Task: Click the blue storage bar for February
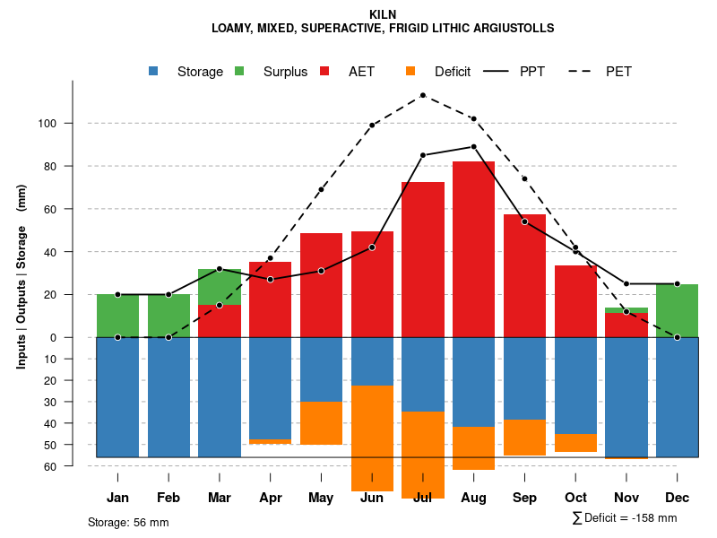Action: [168, 397]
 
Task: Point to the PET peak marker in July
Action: [423, 95]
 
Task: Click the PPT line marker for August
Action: [473, 146]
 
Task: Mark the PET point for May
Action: [321, 189]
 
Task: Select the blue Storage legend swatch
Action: [154, 72]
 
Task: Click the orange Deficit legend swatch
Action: [410, 72]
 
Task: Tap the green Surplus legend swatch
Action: [239, 72]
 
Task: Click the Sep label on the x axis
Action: [524, 498]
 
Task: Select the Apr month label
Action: [271, 498]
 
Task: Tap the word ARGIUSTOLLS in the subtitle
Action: [510, 29]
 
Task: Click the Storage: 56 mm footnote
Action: [128, 522]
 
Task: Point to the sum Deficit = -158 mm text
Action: [625, 518]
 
